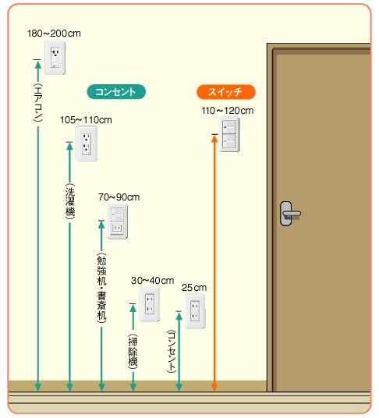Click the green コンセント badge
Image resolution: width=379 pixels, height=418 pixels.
pos(116,92)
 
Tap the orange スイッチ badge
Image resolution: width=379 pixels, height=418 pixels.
pos(226,92)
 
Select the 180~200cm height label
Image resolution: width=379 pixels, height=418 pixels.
pos(54,34)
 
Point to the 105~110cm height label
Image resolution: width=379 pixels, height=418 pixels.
pos(86,120)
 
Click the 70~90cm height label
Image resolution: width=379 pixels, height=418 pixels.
pos(119,197)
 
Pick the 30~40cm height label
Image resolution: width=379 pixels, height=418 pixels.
pos(152,281)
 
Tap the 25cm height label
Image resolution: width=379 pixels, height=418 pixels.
pos(194,288)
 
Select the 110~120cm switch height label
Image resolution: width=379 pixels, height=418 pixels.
pos(228,111)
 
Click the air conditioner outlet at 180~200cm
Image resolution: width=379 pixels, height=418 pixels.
pos(55,58)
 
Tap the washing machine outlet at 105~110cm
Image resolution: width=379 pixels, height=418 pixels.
pos(86,144)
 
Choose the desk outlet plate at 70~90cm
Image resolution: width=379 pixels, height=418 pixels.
pos(118,221)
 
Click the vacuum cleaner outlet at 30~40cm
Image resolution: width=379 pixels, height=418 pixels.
pos(150,304)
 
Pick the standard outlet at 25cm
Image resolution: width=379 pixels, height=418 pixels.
pos(196,311)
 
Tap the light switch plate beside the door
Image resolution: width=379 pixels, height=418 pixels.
pos(229,134)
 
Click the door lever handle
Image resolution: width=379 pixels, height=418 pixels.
pos(290,214)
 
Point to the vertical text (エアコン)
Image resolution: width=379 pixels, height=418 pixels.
pos(38,103)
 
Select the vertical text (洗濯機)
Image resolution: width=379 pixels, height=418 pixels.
pos(70,201)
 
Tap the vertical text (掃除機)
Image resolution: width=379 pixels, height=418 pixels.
pos(133,352)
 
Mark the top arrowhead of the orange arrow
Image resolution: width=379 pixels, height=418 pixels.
pos(214,139)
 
